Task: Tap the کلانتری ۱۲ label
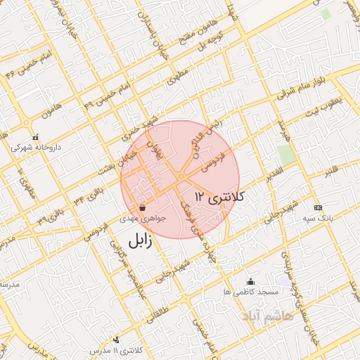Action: tap(219, 196)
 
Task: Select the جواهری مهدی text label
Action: tap(144, 219)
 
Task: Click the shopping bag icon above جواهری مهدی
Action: tap(143, 207)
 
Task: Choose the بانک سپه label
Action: tap(317, 219)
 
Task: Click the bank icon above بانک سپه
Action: tap(318, 208)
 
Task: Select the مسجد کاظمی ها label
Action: tap(250, 290)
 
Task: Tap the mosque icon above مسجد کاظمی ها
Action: tap(250, 281)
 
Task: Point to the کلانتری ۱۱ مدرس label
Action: tap(117, 349)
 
